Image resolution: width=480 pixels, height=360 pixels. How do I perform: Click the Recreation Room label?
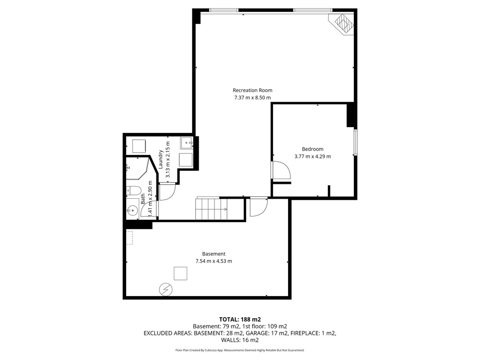(x=252, y=90)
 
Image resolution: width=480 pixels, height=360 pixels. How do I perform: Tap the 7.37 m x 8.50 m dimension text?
(x=252, y=97)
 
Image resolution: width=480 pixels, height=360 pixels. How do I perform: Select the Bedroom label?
(x=312, y=149)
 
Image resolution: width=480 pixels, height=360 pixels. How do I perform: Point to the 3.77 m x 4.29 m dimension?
(x=312, y=156)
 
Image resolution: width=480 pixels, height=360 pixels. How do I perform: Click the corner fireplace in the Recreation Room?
(x=342, y=24)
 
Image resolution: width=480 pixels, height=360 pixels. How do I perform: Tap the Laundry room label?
(x=160, y=159)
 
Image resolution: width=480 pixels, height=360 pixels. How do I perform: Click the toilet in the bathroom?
(x=133, y=191)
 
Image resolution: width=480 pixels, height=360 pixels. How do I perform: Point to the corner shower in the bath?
(x=137, y=168)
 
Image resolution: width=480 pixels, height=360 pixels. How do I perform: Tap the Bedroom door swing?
(x=281, y=170)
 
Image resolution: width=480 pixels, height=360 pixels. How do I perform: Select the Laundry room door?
(x=167, y=192)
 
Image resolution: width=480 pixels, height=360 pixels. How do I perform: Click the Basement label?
(x=214, y=254)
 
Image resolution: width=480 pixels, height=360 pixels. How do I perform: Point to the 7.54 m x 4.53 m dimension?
(x=214, y=261)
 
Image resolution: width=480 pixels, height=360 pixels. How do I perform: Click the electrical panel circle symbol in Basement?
(x=166, y=289)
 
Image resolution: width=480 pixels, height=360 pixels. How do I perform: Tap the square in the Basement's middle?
(x=180, y=274)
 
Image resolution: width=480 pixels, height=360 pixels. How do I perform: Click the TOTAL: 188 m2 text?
(x=240, y=320)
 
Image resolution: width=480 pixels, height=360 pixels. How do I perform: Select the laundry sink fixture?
(x=186, y=143)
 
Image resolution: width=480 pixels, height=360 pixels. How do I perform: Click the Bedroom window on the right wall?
(x=355, y=143)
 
